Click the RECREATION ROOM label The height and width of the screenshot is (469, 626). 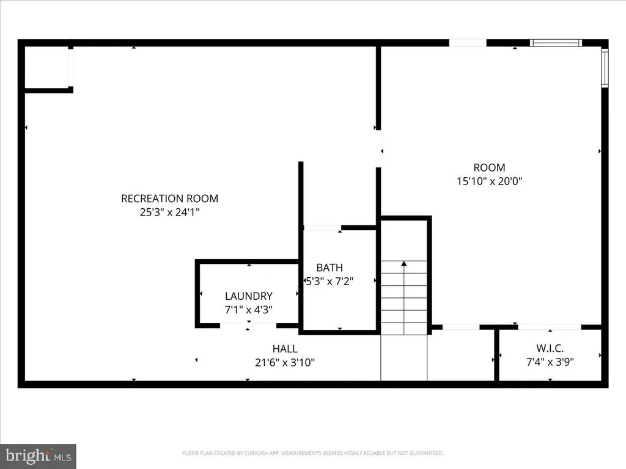(170, 198)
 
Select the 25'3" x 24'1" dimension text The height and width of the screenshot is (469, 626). (170, 212)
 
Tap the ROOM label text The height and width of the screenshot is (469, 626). (489, 167)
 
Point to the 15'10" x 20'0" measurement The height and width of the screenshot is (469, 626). (489, 181)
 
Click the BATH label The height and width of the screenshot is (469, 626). (330, 267)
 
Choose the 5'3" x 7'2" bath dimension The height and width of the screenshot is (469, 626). (330, 281)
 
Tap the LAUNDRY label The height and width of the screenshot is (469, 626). (249, 296)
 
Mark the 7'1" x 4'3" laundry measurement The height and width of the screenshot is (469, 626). (249, 310)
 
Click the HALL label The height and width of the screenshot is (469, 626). (285, 349)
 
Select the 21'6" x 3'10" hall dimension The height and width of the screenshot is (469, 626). (285, 363)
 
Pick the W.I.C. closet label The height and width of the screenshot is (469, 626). (550, 348)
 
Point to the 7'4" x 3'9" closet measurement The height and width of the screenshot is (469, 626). (550, 362)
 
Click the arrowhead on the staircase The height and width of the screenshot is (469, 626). (404, 264)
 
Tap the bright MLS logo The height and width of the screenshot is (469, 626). (38, 456)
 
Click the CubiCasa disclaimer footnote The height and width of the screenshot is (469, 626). (313, 453)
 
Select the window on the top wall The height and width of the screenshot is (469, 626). (556, 43)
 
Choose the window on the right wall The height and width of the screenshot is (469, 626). (605, 67)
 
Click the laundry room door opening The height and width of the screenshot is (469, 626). (248, 325)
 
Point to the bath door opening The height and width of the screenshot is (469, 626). (323, 228)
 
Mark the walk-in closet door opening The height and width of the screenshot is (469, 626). (550, 327)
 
